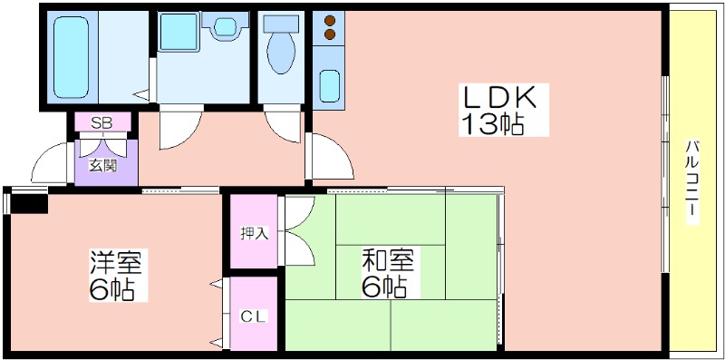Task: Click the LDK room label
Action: click(x=500, y=98)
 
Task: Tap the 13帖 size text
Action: click(x=492, y=123)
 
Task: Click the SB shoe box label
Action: click(x=101, y=123)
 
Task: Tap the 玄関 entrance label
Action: click(x=102, y=166)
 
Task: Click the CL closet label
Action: click(x=254, y=316)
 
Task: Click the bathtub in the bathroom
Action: click(x=71, y=57)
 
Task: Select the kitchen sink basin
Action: click(x=329, y=85)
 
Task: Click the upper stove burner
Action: click(x=330, y=20)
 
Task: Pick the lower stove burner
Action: click(x=330, y=34)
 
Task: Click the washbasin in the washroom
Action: click(x=225, y=27)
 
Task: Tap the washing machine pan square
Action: click(x=179, y=32)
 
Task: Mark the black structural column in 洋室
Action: click(x=29, y=204)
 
